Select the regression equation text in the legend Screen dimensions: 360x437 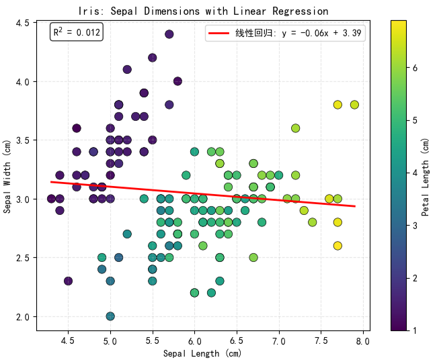(x=300, y=34)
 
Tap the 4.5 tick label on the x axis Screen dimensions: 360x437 (x=68, y=341)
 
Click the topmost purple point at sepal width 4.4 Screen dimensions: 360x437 (x=169, y=34)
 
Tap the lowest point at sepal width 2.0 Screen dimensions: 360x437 (x=110, y=316)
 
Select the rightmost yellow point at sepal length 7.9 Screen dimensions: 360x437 (x=354, y=105)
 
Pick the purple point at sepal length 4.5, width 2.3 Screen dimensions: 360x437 (x=68, y=281)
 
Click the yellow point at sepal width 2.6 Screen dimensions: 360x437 (x=337, y=246)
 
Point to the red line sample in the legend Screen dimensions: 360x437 (x=219, y=34)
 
